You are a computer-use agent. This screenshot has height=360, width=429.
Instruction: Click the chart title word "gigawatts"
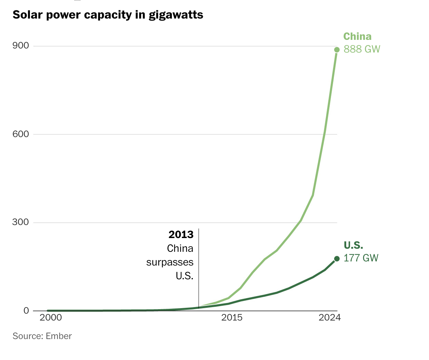click(x=176, y=15)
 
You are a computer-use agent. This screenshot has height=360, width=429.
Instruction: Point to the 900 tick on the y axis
click(x=21, y=46)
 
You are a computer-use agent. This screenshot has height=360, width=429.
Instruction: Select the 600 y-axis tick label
click(x=21, y=134)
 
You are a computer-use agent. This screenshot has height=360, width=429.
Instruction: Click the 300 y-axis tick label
click(x=21, y=222)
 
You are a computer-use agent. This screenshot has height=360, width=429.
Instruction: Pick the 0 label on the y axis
click(x=26, y=311)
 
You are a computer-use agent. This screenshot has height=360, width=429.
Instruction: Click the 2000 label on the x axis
click(x=51, y=317)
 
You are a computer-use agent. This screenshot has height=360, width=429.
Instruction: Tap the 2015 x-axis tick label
click(x=232, y=317)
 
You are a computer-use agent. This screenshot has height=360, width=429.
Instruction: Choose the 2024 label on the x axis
click(x=329, y=317)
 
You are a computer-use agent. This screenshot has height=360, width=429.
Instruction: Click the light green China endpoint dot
click(x=337, y=50)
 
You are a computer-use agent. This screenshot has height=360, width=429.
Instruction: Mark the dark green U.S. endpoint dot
click(x=337, y=259)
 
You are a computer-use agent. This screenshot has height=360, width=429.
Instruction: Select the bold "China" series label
click(x=357, y=36)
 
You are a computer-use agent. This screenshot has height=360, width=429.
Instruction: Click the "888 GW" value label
click(x=362, y=49)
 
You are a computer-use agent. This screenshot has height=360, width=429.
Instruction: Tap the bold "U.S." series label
click(x=353, y=245)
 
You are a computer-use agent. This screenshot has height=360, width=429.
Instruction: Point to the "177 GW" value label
click(x=361, y=258)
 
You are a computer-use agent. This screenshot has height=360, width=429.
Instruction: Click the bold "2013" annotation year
click(x=181, y=235)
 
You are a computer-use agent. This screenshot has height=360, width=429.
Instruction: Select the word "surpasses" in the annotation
click(x=170, y=262)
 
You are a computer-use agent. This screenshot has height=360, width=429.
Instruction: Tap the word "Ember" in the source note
click(x=59, y=336)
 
